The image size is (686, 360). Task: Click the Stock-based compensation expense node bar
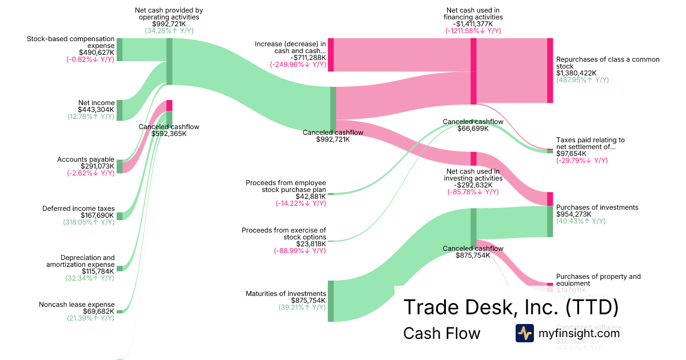pos(119,50)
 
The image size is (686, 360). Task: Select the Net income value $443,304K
pos(97,110)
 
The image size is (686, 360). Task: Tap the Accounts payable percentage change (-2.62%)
pos(90,173)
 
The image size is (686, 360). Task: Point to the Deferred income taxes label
pos(78,209)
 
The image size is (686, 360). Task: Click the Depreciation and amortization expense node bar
pos(119,268)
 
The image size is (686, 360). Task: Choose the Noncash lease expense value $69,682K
pos(98,311)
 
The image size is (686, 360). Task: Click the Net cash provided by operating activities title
pos(169,14)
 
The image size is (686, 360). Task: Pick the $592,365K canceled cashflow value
pos(169,134)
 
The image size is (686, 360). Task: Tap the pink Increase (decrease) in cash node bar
pos(330,55)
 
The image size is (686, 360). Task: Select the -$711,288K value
pos(308,57)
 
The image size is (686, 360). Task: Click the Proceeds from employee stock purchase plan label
pos(286,186)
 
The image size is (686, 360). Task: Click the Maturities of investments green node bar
pos(330,301)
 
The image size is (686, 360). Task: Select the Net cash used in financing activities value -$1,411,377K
pos(473,24)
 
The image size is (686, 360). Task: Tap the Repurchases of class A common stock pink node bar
pos(550,70)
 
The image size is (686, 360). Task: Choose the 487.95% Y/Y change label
pos(582,80)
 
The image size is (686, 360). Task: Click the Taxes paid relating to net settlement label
pos(590,143)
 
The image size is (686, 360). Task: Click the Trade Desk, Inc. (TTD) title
pos(511,307)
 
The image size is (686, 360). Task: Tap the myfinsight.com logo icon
pos(524,333)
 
